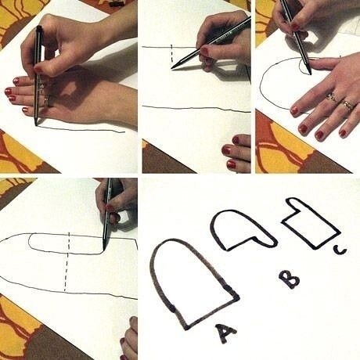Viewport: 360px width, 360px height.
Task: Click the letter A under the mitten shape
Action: (225, 333)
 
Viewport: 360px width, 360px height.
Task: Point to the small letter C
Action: (340, 250)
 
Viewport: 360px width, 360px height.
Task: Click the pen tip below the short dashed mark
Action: (173, 68)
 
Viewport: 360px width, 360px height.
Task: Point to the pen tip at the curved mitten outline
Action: (310, 73)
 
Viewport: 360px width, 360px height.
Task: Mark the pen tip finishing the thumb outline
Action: (104, 250)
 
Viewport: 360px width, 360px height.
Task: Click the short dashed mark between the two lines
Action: (171, 53)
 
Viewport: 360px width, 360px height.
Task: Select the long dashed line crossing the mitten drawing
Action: (67, 261)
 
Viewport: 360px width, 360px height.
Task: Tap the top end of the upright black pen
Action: (39, 27)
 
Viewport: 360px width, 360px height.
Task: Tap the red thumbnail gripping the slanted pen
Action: (203, 50)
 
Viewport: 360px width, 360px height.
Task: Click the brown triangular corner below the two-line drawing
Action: (167, 159)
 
